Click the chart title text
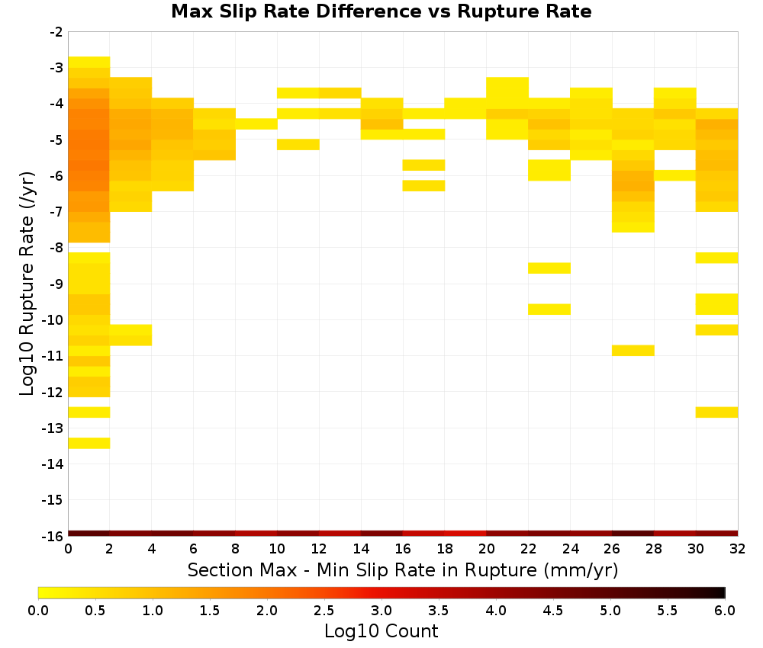[381, 11]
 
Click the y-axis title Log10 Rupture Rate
[27, 284]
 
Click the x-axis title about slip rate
[403, 569]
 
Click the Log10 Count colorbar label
[381, 631]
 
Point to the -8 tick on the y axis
[56, 248]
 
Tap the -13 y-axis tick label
[53, 428]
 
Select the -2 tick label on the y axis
[56, 32]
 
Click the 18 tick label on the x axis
[445, 549]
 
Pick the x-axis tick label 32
[738, 549]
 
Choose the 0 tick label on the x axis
[68, 549]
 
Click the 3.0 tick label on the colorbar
[381, 611]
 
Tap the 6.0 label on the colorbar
[725, 611]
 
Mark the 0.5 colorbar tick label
[95, 611]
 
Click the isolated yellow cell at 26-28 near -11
[633, 351]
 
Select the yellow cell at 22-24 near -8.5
[549, 268]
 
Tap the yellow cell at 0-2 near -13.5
[89, 444]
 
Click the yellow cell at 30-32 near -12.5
[716, 412]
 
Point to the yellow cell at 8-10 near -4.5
[256, 124]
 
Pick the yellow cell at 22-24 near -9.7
[549, 310]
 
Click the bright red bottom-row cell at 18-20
[465, 534]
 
